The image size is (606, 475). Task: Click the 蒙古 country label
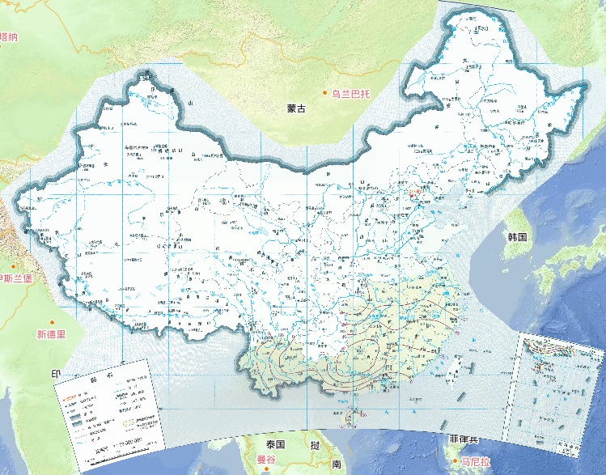tap(297, 108)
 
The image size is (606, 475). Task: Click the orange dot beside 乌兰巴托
tap(326, 94)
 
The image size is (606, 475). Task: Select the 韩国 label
tap(517, 237)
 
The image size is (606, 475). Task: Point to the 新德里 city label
tap(50, 333)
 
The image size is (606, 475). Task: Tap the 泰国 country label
tap(275, 445)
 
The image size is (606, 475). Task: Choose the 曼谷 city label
tap(267, 460)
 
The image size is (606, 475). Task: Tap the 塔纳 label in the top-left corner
tap(9, 36)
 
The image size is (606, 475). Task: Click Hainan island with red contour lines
tap(347, 415)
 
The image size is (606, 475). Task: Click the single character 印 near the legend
tap(56, 374)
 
